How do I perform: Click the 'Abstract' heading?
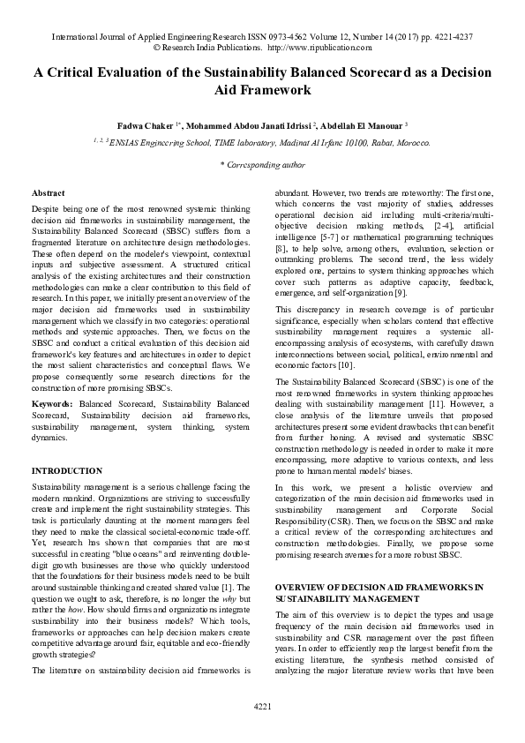48,192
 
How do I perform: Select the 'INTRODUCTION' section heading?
67,471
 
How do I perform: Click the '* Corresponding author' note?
262,164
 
